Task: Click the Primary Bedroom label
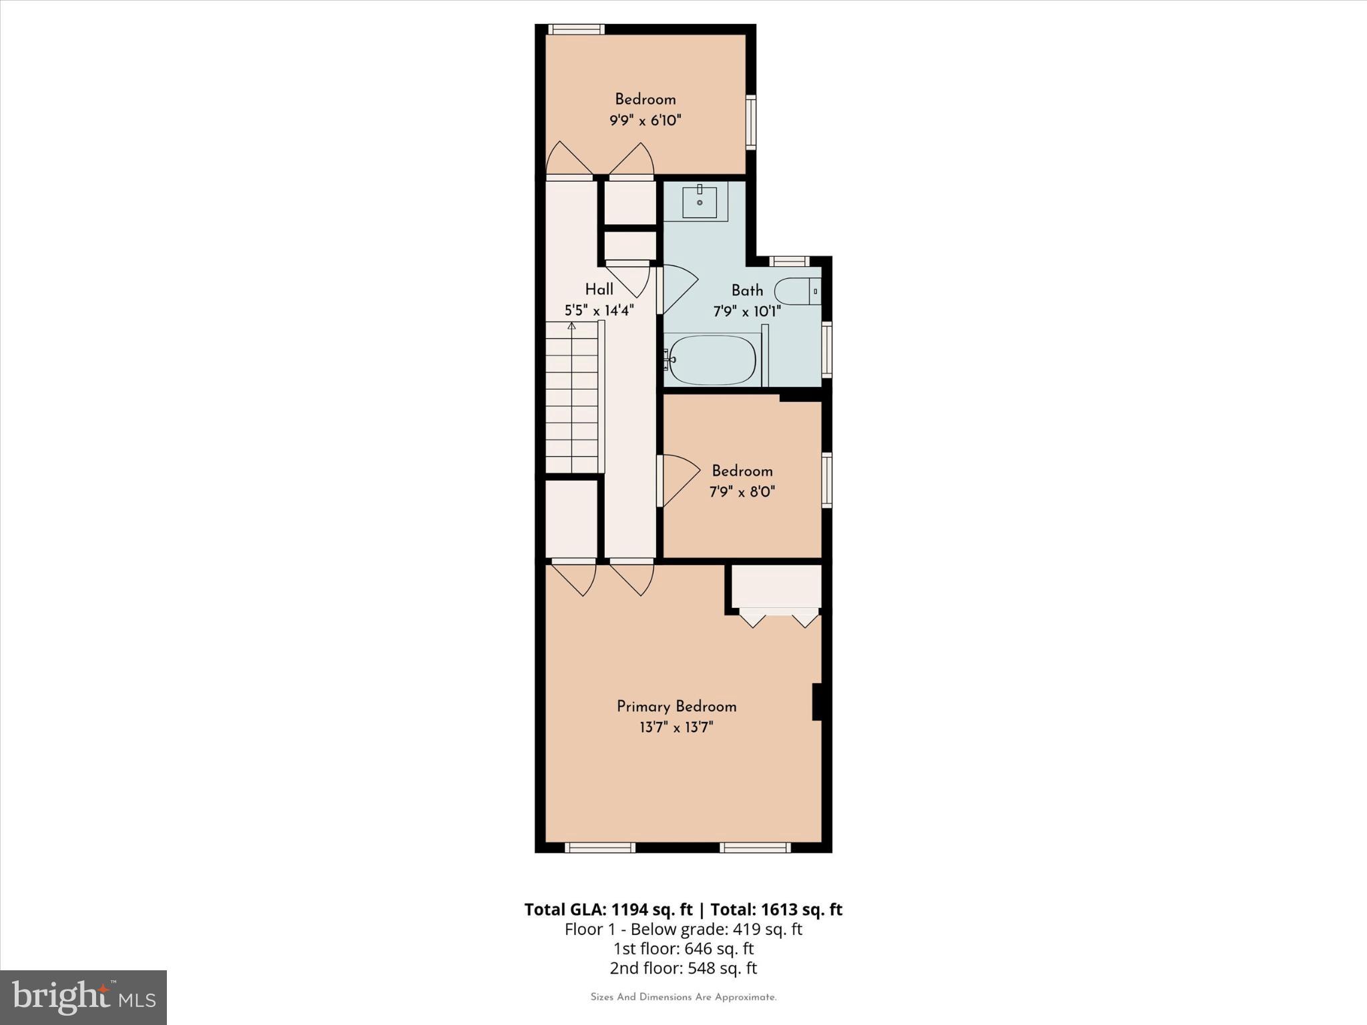click(x=676, y=706)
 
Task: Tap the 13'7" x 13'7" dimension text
click(x=676, y=727)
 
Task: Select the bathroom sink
click(x=699, y=202)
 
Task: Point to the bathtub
click(x=712, y=360)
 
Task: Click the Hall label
click(x=599, y=290)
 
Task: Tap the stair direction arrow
click(x=571, y=326)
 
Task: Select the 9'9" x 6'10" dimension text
click(x=645, y=121)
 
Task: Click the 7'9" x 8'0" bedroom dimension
click(x=742, y=492)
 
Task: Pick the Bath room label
click(x=747, y=290)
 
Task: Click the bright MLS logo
click(x=83, y=997)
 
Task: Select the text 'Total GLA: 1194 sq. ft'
click(x=608, y=910)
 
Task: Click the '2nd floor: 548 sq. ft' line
click(x=683, y=968)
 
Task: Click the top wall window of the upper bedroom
click(x=577, y=29)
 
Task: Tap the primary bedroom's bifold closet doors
click(x=778, y=618)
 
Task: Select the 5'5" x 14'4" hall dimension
click(x=599, y=310)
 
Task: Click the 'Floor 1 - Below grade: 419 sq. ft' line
click(x=683, y=929)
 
